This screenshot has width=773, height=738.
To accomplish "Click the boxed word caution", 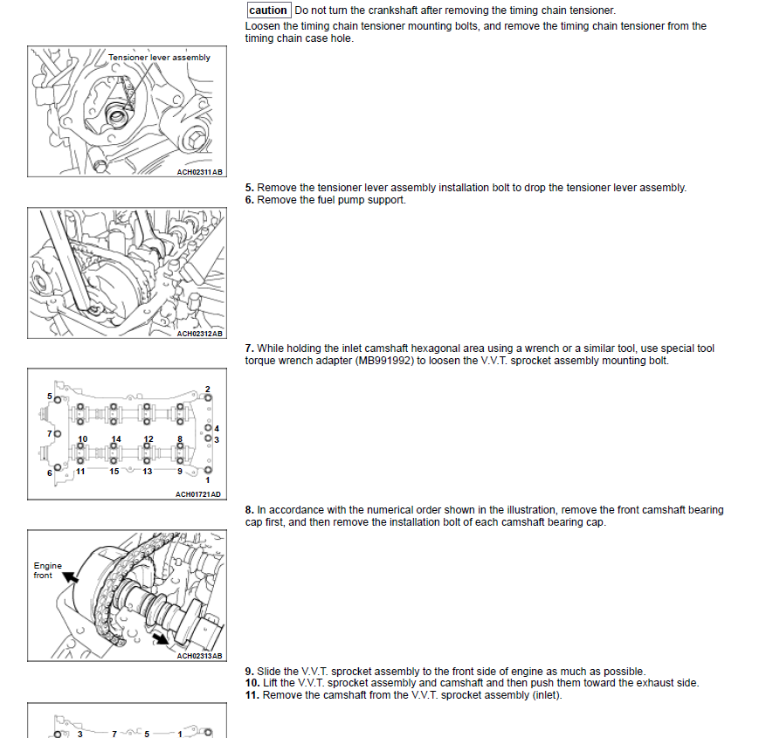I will click(268, 10).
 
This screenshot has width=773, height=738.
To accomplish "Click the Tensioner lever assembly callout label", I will click(159, 58).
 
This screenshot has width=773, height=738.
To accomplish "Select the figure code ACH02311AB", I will click(200, 172).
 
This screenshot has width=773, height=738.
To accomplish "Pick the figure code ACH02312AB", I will click(200, 334).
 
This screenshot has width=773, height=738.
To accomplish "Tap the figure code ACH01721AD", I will click(198, 494).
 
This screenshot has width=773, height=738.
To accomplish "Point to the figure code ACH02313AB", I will click(200, 656).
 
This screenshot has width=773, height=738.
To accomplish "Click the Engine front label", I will click(47, 570).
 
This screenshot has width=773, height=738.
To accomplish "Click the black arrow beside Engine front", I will click(69, 576).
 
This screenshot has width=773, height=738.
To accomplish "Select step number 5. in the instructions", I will click(250, 188).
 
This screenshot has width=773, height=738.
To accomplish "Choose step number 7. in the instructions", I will click(250, 348).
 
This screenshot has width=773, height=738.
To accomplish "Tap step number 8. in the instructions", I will click(250, 510).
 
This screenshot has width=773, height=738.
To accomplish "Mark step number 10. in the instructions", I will click(252, 683).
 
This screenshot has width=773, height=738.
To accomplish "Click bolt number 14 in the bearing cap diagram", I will click(115, 438).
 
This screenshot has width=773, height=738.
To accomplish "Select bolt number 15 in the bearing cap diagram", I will click(114, 472).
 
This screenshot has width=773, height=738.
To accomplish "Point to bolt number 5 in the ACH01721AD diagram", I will click(50, 397).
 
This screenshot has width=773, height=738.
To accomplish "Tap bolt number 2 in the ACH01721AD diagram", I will click(207, 389).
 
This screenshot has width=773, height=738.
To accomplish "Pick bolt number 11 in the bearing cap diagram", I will click(79, 472).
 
